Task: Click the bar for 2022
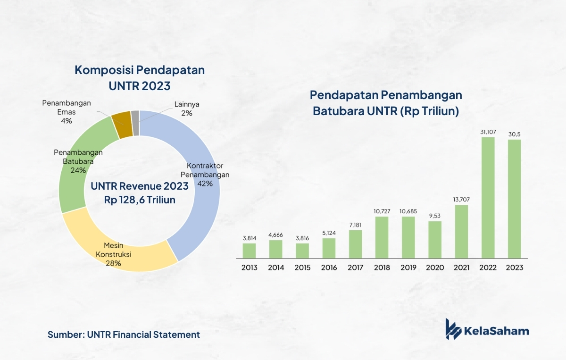click(x=488, y=198)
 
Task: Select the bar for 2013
click(x=249, y=251)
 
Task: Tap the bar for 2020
click(x=435, y=240)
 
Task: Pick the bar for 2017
click(x=356, y=244)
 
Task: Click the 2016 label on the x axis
click(x=329, y=268)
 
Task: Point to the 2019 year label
click(x=408, y=268)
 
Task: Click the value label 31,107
click(x=488, y=132)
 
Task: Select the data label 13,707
click(x=461, y=200)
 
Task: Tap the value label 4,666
click(x=275, y=235)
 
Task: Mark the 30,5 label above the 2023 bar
click(x=515, y=134)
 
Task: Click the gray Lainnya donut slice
click(x=135, y=123)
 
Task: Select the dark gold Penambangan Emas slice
click(x=122, y=125)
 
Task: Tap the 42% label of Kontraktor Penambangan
click(x=205, y=184)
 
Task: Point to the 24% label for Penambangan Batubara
click(x=78, y=170)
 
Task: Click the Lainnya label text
click(x=187, y=104)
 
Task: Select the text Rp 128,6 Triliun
click(x=140, y=200)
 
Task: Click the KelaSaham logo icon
click(x=453, y=329)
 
